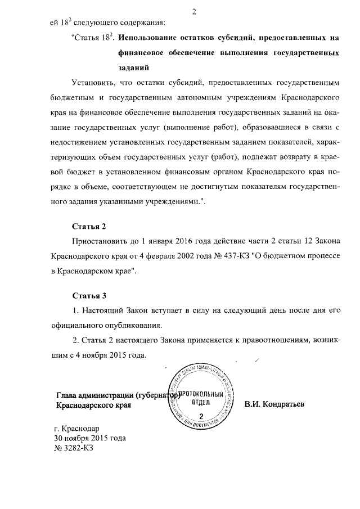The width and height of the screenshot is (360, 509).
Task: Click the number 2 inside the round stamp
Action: (201, 417)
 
